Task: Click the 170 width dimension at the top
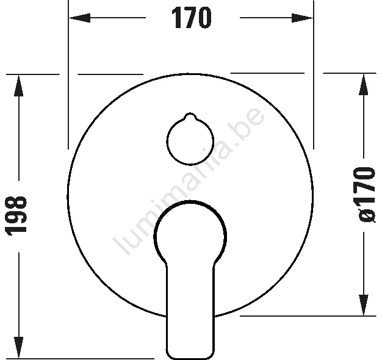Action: (x=191, y=18)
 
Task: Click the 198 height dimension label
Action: (x=16, y=212)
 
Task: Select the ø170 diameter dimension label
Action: (x=366, y=195)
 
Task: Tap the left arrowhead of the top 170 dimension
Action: (x=80, y=18)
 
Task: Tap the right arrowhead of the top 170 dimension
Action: (x=302, y=18)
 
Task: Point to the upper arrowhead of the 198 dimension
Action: (x=18, y=86)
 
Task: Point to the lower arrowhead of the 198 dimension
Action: (x=18, y=347)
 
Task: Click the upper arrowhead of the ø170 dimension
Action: (x=364, y=84)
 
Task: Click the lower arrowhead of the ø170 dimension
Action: (x=364, y=304)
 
